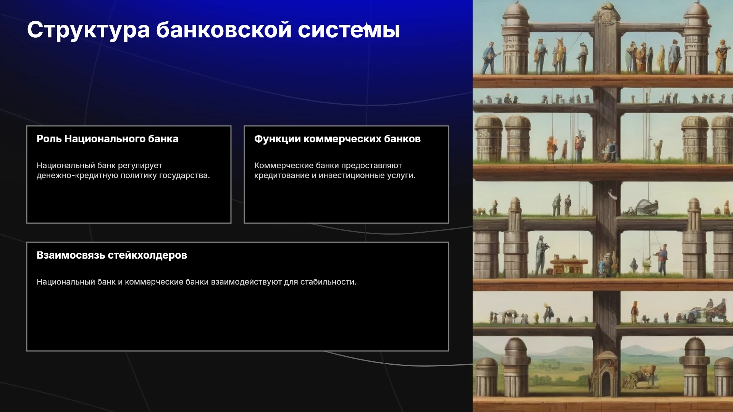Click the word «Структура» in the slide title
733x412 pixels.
pyautogui.click(x=88, y=30)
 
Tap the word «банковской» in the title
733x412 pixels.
pyautogui.click(x=224, y=30)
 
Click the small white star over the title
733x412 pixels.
pyautogui.click(x=366, y=27)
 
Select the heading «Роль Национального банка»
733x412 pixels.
pyautogui.click(x=108, y=139)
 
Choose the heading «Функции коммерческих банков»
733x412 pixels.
pyautogui.click(x=337, y=139)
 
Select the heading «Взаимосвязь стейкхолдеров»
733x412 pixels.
pyautogui.click(x=112, y=255)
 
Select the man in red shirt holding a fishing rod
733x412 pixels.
pyautogui.click(x=662, y=259)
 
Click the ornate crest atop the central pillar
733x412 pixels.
pyautogui.click(x=606, y=15)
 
